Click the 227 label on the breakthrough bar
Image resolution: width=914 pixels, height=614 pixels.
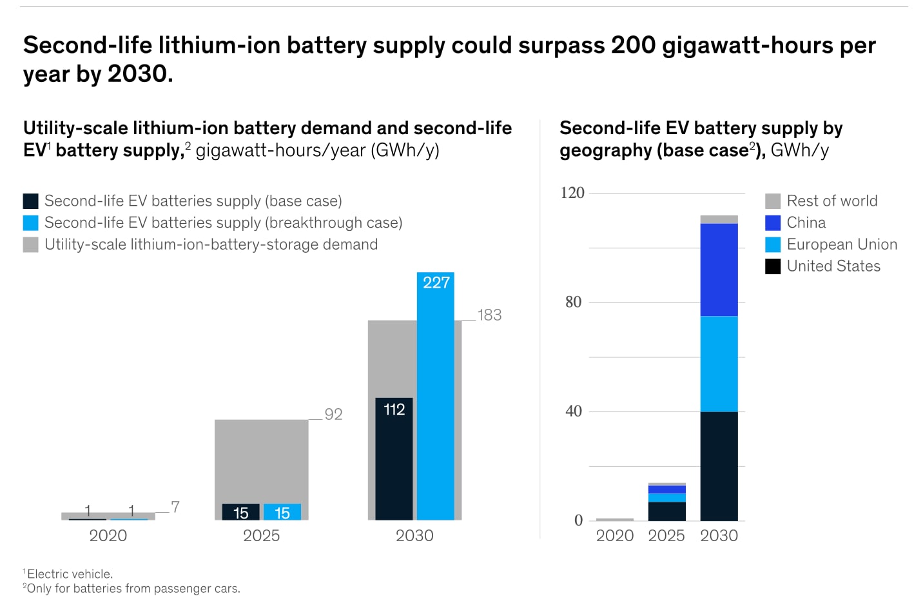pos(436,282)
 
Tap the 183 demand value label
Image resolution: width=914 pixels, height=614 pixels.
pos(489,315)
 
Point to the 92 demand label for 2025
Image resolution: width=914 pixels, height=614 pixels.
pos(333,414)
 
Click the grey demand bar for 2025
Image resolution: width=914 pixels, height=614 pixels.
pos(261,458)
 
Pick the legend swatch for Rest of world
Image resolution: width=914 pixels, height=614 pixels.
pos(773,201)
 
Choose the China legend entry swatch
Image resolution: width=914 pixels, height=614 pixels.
pos(773,223)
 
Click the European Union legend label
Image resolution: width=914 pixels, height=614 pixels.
pos(842,244)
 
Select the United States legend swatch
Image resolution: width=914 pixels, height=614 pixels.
pos(773,266)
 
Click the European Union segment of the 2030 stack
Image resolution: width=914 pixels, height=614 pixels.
pos(719,364)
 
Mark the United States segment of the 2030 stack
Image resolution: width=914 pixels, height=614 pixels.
pos(719,466)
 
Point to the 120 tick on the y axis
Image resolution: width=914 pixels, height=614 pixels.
pos(572,193)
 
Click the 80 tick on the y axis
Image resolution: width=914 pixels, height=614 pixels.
pos(573,302)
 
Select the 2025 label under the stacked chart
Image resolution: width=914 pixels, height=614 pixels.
pos(666,535)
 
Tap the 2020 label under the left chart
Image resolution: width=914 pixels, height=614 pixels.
pos(108,535)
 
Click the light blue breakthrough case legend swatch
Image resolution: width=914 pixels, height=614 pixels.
pos(30,223)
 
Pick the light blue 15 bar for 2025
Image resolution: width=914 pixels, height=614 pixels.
pos(282,512)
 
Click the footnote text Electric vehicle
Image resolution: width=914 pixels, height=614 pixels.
pos(70,574)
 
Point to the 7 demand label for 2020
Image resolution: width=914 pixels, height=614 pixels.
pos(175,507)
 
